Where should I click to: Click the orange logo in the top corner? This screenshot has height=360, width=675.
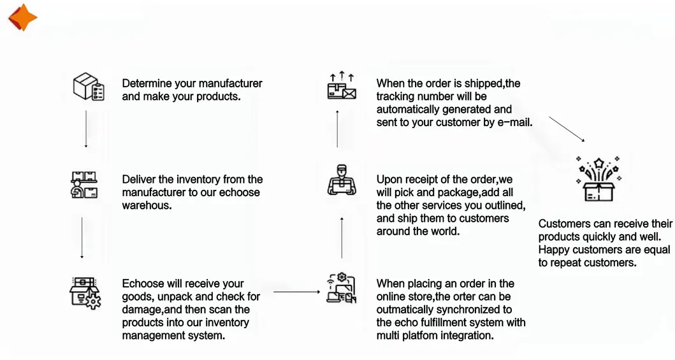coord(22,17)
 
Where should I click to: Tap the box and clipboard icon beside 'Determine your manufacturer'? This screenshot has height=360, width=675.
coord(88,87)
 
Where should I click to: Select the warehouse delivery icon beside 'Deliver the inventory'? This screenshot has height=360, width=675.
coord(84,185)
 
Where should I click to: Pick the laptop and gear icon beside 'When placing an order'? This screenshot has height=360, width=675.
coord(341,288)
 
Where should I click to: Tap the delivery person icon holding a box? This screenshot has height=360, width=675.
coord(341,180)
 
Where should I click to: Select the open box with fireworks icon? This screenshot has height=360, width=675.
coord(597,179)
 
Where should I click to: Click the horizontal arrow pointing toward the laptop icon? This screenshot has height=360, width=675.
coord(296,292)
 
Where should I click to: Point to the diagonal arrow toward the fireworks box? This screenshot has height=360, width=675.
coord(567,129)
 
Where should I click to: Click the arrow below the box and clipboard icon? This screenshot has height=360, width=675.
coord(86,130)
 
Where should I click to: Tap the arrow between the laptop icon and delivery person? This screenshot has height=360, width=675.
coord(342,237)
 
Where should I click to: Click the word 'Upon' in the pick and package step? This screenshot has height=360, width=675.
coord(389,180)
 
